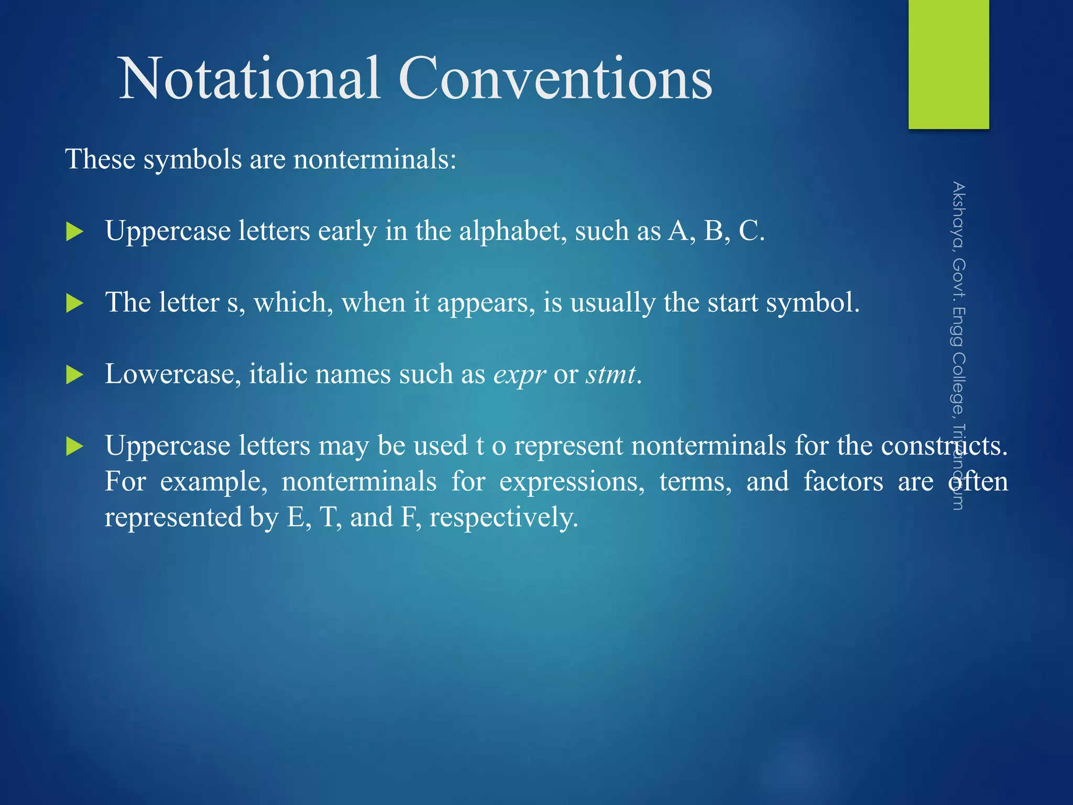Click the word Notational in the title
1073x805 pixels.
click(x=249, y=79)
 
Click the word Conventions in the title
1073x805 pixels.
click(x=555, y=79)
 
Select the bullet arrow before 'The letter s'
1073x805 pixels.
click(x=75, y=303)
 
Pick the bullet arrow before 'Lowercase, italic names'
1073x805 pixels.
click(x=75, y=375)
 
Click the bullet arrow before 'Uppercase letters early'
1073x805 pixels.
click(x=75, y=232)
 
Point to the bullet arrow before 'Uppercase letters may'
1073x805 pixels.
click(x=75, y=447)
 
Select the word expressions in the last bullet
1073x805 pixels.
click(x=572, y=482)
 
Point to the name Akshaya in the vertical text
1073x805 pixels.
click(x=958, y=215)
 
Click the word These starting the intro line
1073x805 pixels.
click(x=100, y=159)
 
